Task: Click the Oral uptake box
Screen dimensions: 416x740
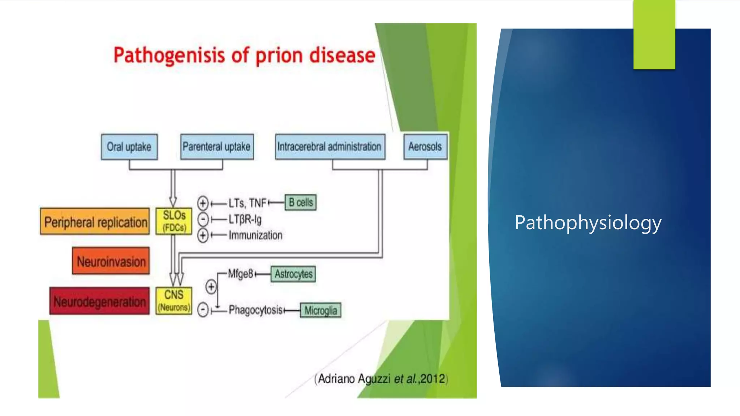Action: [129, 147]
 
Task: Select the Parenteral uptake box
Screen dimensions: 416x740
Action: [217, 147]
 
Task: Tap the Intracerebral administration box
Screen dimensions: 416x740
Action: [330, 147]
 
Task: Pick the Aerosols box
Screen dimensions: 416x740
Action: [425, 147]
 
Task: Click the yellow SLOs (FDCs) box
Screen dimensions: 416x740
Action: [174, 221]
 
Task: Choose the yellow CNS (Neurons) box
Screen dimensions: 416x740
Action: [174, 300]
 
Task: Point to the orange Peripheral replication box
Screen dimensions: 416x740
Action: [95, 221]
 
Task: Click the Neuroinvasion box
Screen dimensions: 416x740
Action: [111, 261]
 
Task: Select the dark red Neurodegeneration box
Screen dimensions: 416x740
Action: [99, 301]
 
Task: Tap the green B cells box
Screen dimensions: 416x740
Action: [301, 203]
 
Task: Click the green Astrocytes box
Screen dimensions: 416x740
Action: [293, 274]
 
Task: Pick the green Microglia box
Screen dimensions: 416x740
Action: [320, 310]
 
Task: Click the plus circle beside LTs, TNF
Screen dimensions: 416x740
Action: [203, 203]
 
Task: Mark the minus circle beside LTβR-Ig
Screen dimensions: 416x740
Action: [203, 219]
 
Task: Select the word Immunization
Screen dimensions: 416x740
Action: [255, 235]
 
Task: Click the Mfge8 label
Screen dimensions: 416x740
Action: [240, 274]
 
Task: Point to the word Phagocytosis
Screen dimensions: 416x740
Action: [256, 310]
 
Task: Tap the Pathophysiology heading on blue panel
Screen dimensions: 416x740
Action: [588, 223]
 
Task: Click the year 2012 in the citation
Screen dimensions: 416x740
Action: [433, 379]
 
